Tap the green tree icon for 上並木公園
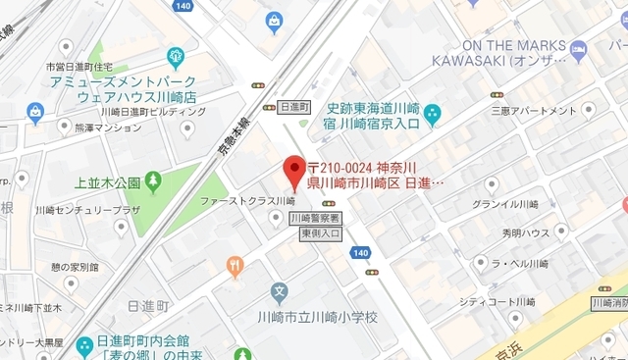(152, 181)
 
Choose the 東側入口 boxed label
(320, 233)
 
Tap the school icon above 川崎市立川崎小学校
(280, 292)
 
